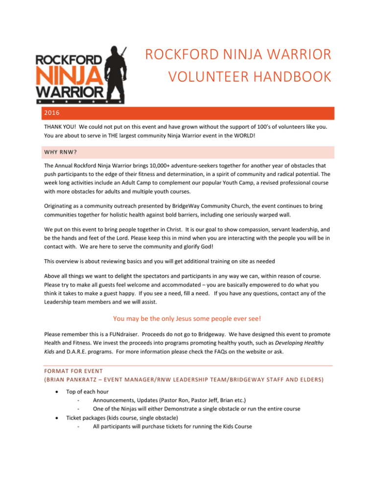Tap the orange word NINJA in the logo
[69, 76]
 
